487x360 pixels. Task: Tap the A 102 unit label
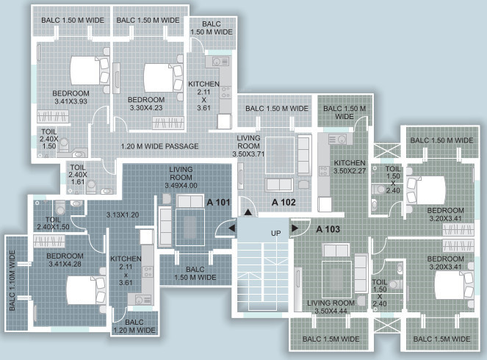(x=284, y=201)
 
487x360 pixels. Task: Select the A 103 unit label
(x=328, y=229)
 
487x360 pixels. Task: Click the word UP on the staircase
(x=276, y=233)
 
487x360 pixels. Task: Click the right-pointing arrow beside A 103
(x=295, y=229)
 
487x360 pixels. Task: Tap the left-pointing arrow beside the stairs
(x=232, y=229)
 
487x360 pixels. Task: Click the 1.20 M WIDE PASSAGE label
(x=160, y=146)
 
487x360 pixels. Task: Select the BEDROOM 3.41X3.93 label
(x=71, y=98)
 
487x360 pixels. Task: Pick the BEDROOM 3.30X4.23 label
(x=145, y=104)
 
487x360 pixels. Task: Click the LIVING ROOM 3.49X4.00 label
(x=180, y=177)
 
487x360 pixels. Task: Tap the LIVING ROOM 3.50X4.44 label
(x=331, y=307)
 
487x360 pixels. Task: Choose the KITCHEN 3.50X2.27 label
(x=350, y=167)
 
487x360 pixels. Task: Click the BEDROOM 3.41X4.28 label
(x=65, y=259)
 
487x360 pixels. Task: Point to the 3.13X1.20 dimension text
(x=123, y=215)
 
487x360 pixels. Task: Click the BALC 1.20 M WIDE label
(x=134, y=326)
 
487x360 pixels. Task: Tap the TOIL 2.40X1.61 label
(x=78, y=175)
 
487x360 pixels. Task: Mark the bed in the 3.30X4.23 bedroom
(x=156, y=76)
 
